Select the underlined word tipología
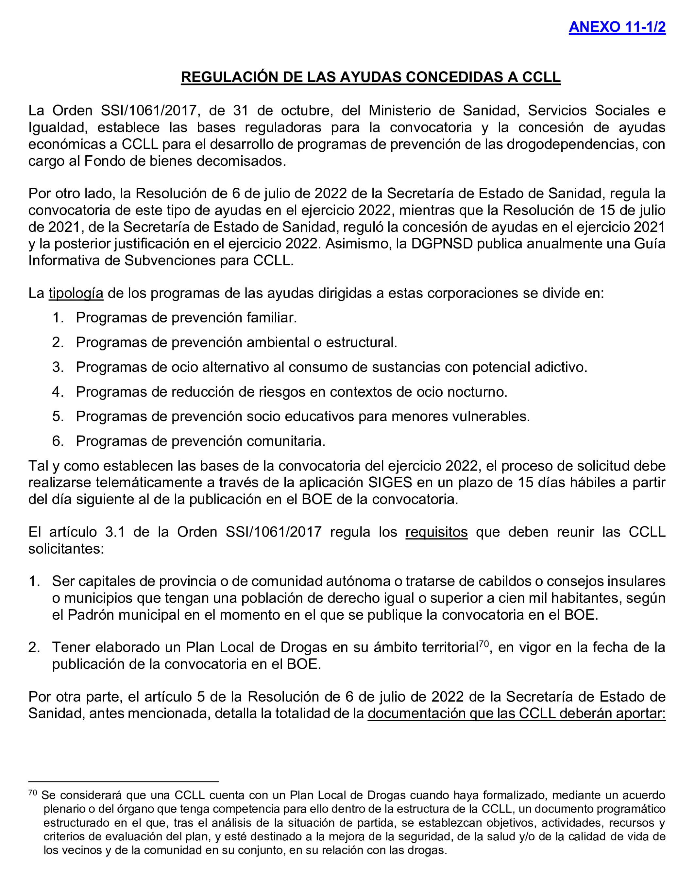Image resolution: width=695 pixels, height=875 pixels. (x=76, y=293)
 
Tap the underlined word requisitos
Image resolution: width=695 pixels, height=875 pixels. (x=436, y=532)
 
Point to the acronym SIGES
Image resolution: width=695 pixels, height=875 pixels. (x=390, y=483)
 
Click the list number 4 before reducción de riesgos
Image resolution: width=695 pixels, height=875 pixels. (x=57, y=392)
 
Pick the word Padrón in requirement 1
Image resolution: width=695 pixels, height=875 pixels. (x=89, y=615)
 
